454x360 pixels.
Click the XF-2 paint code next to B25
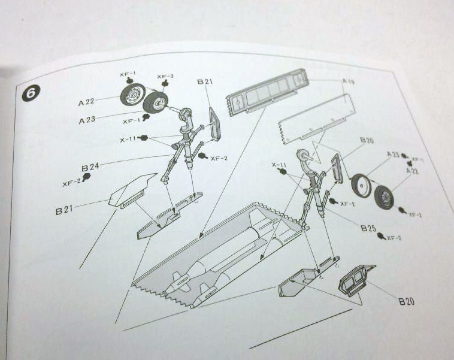(394, 238)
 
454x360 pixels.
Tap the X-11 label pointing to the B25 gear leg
(279, 164)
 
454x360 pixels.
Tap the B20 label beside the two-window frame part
(406, 301)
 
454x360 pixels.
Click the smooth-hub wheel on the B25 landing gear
(361, 186)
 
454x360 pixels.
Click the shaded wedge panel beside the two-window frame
(299, 282)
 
